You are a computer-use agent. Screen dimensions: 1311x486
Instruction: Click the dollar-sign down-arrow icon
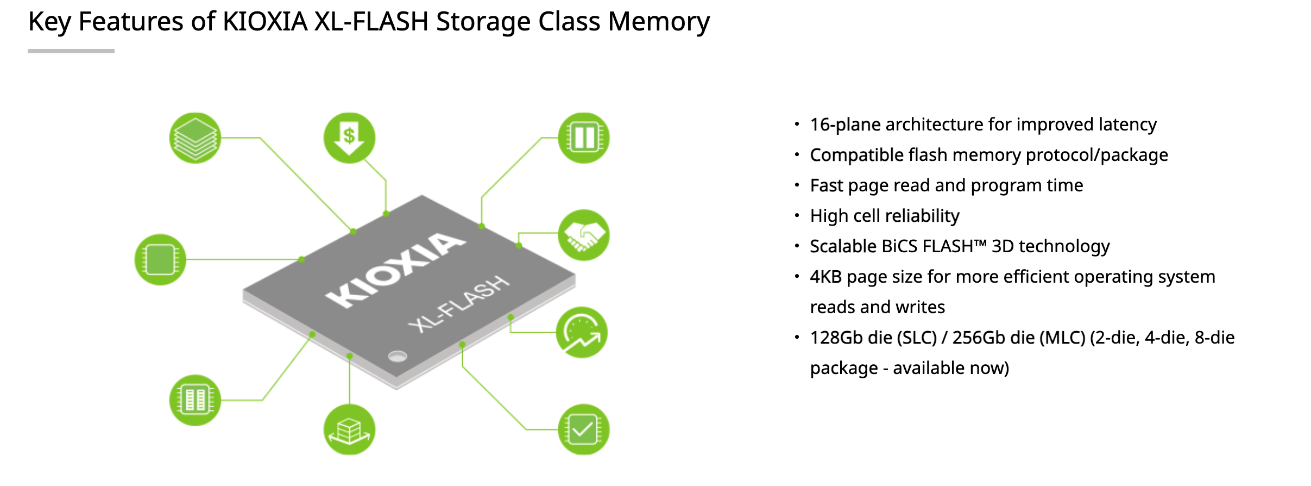[x=349, y=138]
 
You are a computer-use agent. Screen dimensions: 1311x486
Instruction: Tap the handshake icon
[x=584, y=235]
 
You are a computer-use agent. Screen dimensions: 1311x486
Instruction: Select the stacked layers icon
[x=195, y=138]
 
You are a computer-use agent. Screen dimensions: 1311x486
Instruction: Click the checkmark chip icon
[x=584, y=429]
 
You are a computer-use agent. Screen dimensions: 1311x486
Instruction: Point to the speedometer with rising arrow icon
[x=582, y=332]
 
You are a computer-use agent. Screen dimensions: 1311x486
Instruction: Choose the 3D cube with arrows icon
[x=349, y=429]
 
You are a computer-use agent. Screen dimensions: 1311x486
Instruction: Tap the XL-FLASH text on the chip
[x=459, y=304]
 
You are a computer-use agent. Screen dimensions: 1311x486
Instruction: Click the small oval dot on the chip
[x=398, y=357]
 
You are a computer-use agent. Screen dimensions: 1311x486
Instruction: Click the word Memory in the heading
[x=658, y=22]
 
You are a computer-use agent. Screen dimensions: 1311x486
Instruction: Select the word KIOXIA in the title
[x=265, y=22]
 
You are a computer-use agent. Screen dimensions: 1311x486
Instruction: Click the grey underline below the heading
[x=71, y=51]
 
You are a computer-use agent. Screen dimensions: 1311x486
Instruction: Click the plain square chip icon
[x=160, y=259]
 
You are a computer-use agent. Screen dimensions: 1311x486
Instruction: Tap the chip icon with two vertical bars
[x=584, y=138]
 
